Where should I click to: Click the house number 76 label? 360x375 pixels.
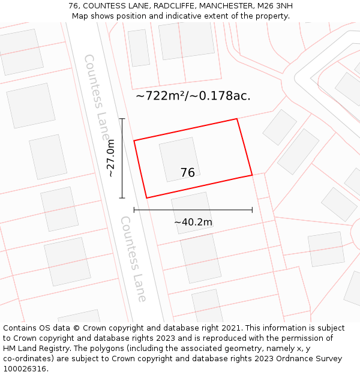[x=187, y=173]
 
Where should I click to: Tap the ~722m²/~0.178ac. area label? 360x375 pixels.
[x=193, y=95]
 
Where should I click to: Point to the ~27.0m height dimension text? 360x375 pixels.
[x=110, y=158]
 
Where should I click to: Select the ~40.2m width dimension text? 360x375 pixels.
[x=193, y=222]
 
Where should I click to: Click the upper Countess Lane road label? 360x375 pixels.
[x=97, y=90]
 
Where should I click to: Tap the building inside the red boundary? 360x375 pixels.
[x=179, y=160]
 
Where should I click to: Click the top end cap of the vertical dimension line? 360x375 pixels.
[x=122, y=119]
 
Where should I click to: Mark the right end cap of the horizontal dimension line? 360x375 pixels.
[x=252, y=210]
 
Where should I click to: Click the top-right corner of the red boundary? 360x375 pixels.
[x=237, y=119]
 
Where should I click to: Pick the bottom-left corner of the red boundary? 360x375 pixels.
[x=146, y=198]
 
